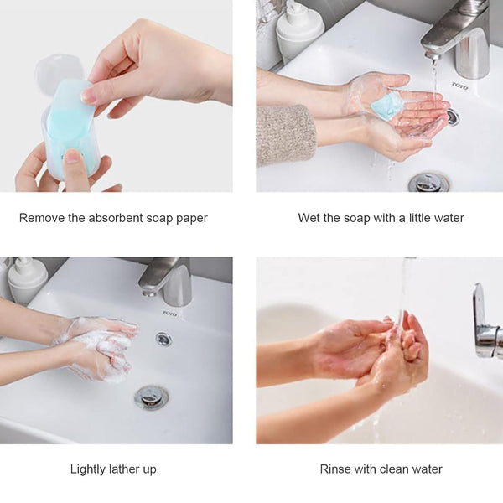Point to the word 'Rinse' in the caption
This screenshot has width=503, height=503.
click(x=336, y=469)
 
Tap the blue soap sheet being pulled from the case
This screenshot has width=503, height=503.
click(x=70, y=109)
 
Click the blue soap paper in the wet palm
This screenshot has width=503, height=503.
click(x=388, y=105)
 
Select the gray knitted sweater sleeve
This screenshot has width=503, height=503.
click(x=286, y=134)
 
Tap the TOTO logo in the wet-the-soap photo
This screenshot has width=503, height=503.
click(x=459, y=86)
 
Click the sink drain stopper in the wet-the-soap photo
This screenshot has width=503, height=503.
click(x=428, y=181)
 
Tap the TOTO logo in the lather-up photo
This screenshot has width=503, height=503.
click(x=170, y=314)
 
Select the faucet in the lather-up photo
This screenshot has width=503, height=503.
click(x=169, y=282)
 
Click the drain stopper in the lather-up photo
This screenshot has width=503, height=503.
click(x=152, y=397)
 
